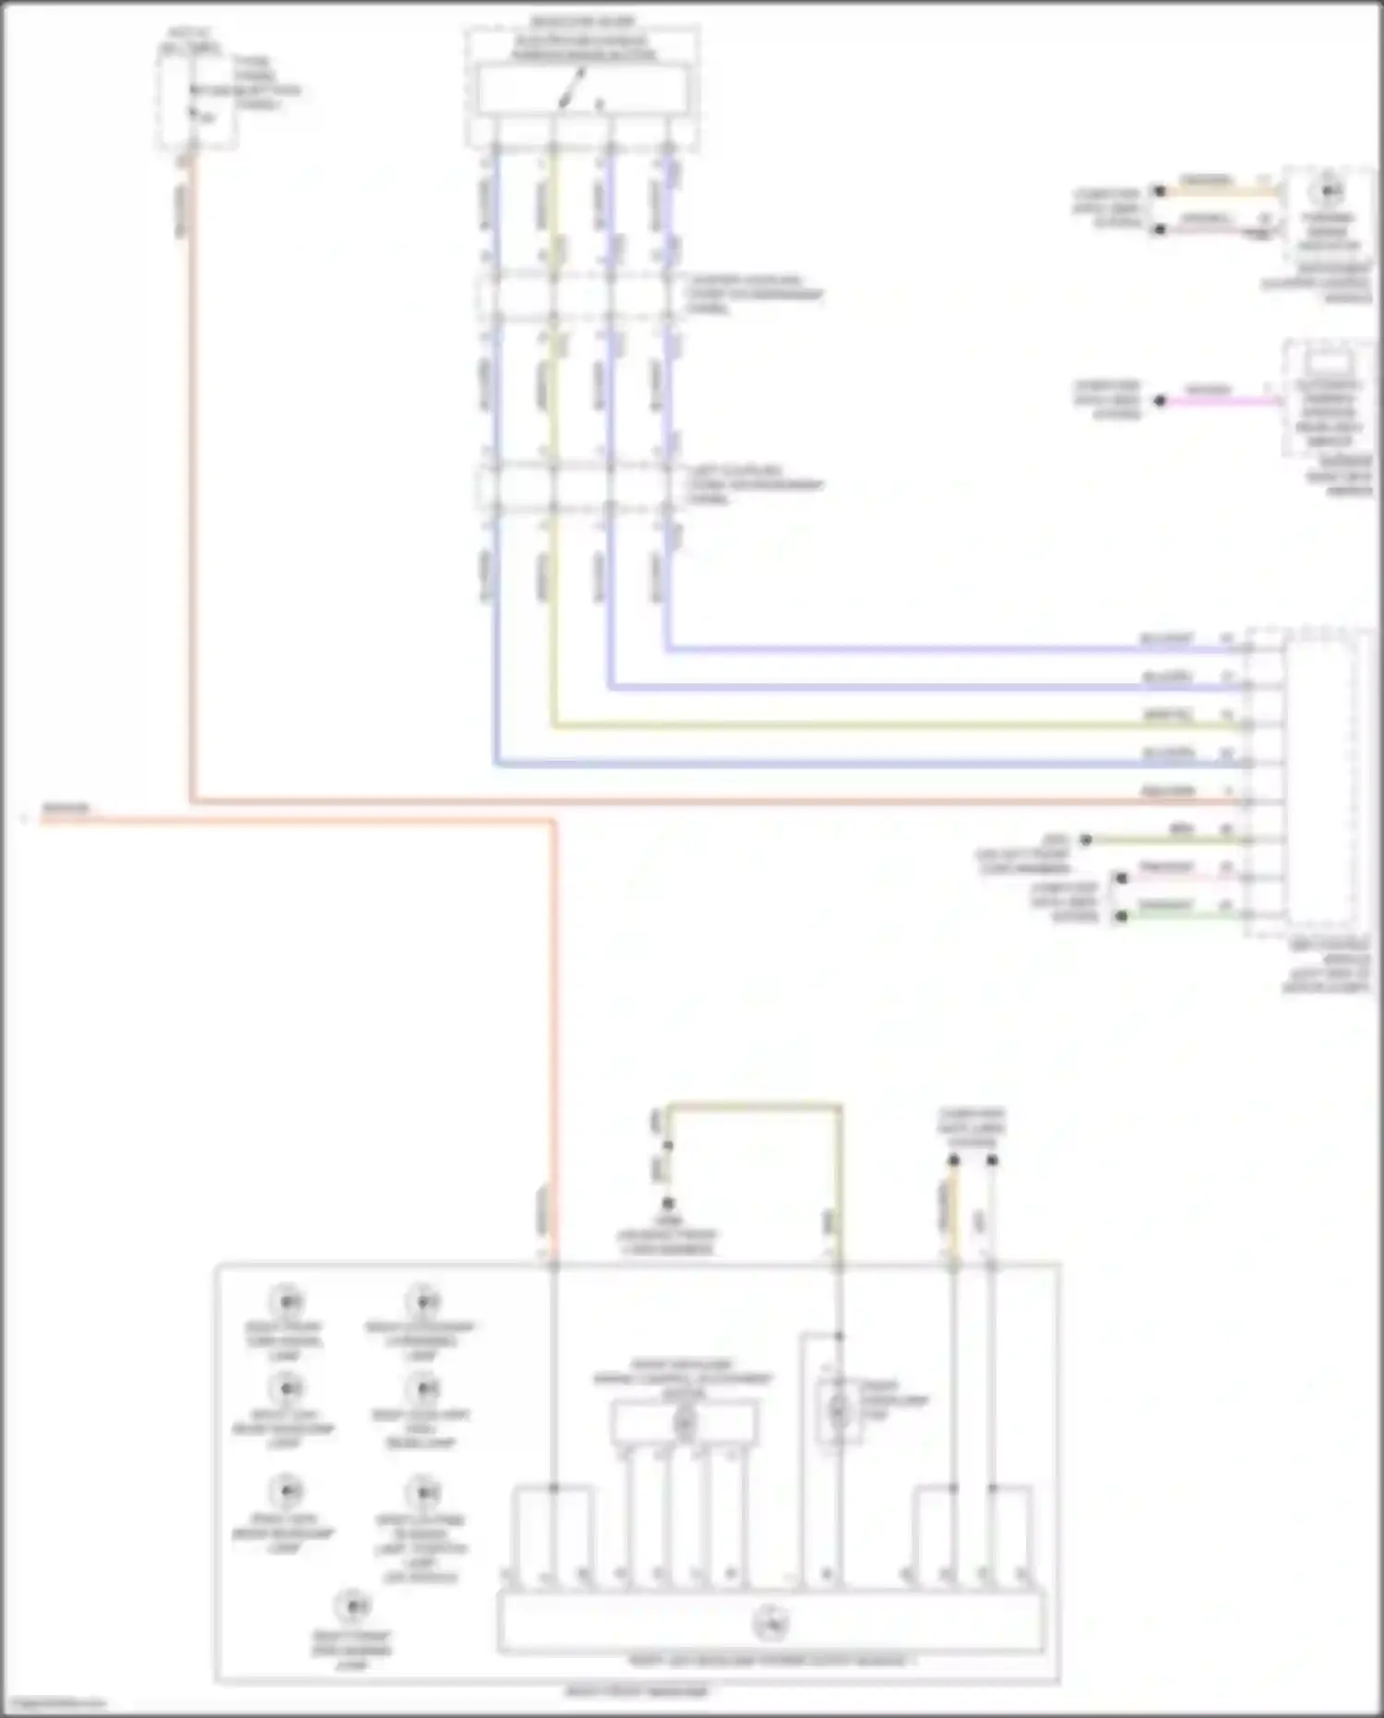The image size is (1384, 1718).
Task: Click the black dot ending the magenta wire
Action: [x=1161, y=401]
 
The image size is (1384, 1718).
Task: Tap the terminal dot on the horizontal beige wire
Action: [x=1159, y=191]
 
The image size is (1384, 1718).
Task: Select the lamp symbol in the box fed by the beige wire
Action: [x=1328, y=191]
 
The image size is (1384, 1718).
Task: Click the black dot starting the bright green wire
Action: [x=1121, y=916]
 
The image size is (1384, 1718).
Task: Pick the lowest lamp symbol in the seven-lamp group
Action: [x=352, y=1607]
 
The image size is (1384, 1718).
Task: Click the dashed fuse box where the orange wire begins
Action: [x=196, y=103]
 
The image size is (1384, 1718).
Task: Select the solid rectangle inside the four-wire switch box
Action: [x=581, y=90]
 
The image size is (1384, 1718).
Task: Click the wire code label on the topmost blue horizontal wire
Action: [x=1167, y=639]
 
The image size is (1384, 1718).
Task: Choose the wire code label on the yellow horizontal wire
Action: [x=1167, y=715]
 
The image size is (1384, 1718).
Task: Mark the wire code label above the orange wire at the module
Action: [x=1167, y=791]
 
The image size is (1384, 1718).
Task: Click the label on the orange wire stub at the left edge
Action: [x=66, y=810]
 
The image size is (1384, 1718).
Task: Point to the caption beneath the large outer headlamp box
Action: [x=637, y=1691]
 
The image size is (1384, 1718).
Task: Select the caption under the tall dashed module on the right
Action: [x=1327, y=967]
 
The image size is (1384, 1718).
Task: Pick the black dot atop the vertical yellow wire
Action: [x=953, y=1160]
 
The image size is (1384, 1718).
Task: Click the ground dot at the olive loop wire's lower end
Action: [x=667, y=1204]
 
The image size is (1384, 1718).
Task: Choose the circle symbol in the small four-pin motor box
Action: [x=684, y=1424]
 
